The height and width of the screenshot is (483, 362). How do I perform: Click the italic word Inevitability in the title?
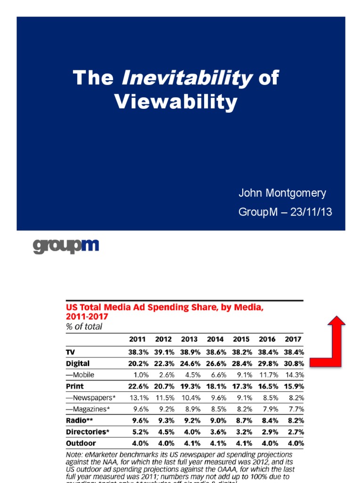pyautogui.click(x=187, y=78)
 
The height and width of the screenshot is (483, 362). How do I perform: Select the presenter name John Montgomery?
pyautogui.click(x=282, y=193)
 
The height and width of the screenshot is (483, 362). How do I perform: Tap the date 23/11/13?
pyautogui.click(x=311, y=212)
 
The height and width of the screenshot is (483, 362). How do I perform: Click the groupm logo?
pyautogui.click(x=66, y=246)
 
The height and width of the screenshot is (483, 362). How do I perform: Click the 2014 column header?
pyautogui.click(x=215, y=339)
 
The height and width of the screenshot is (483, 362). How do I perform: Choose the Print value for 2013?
pyautogui.click(x=189, y=386)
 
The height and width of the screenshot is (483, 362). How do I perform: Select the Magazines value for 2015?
pyautogui.click(x=241, y=409)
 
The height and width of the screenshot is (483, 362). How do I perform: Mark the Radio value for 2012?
pyautogui.click(x=164, y=421)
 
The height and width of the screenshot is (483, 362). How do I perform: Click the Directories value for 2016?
pyautogui.click(x=267, y=432)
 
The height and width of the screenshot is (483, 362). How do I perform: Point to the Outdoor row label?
pyautogui.click(x=81, y=443)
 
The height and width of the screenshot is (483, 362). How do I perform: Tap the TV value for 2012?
pyautogui.click(x=164, y=352)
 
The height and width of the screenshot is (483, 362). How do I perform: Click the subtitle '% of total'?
pyautogui.click(x=83, y=326)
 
